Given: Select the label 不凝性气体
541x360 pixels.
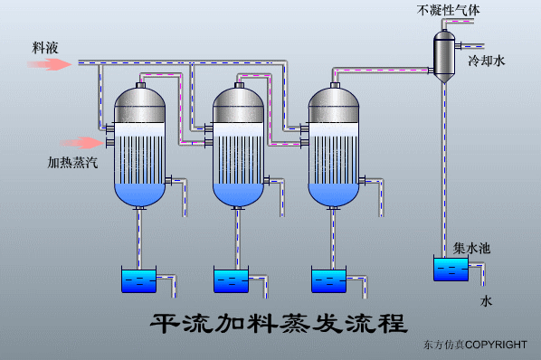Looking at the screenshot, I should (x=450, y=11).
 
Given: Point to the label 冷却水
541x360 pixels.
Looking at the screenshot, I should (x=486, y=62).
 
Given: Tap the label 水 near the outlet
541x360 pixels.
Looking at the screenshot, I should (x=486, y=302).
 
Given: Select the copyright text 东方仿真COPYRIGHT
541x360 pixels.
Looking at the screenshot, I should (x=474, y=346).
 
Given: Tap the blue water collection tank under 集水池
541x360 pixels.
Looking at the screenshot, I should (x=451, y=270).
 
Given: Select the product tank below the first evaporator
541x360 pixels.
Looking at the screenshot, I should (x=138, y=279).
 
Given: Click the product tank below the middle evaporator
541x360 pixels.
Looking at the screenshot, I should (x=232, y=279).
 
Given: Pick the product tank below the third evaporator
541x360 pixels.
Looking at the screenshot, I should (x=328, y=279).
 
